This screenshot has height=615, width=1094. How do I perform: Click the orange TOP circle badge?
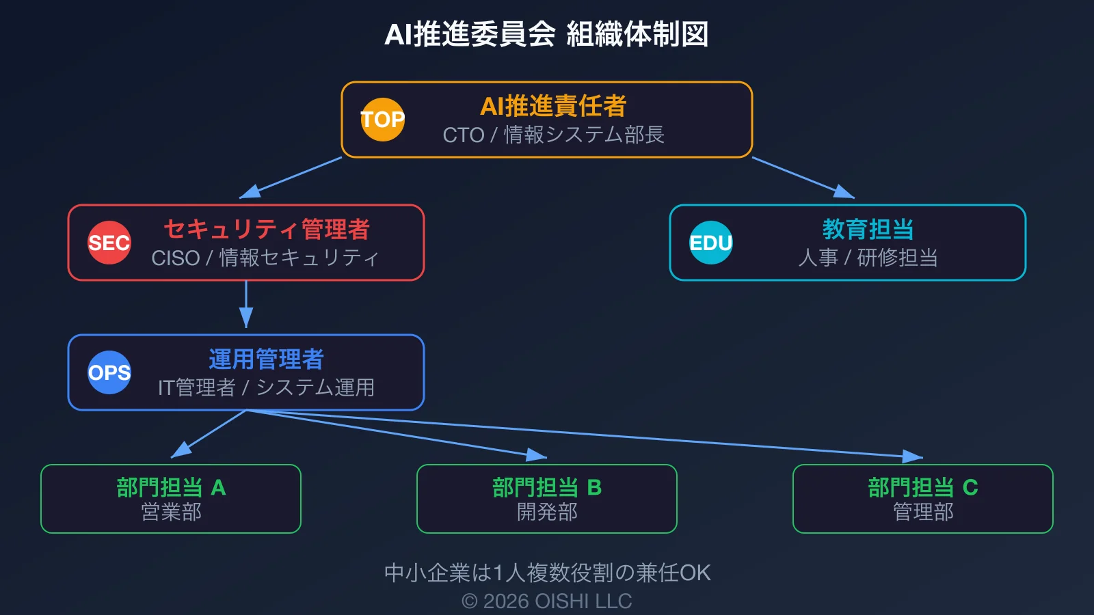click(x=383, y=120)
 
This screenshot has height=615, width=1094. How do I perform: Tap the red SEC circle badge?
click(x=109, y=243)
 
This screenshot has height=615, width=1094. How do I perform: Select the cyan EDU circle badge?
click(x=711, y=243)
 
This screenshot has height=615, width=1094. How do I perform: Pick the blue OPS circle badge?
click(x=109, y=372)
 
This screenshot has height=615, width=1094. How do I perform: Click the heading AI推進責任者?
click(x=553, y=106)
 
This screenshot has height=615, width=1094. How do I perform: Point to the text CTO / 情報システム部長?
click(x=553, y=135)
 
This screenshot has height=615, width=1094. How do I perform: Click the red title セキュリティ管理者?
click(x=267, y=229)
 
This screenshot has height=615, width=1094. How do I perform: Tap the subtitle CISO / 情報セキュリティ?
click(x=265, y=258)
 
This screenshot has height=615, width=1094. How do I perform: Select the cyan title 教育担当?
click(x=868, y=229)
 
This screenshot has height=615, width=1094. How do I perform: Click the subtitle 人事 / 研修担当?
click(x=868, y=258)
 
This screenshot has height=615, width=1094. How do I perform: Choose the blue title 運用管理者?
click(x=267, y=359)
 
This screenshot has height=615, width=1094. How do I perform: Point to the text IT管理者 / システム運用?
click(x=266, y=387)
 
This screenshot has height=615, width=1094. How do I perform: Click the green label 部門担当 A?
click(x=171, y=487)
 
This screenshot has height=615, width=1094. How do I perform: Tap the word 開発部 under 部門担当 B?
click(x=547, y=512)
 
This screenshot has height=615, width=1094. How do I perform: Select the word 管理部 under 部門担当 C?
click(x=923, y=512)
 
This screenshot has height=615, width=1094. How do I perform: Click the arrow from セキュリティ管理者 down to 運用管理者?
click(x=246, y=304)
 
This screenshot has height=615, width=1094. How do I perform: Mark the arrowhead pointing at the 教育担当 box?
click(x=845, y=192)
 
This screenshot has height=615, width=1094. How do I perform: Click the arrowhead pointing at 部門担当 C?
click(x=913, y=456)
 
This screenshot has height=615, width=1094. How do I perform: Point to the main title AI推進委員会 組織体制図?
click(x=546, y=34)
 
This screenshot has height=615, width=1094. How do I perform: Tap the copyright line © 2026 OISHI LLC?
click(x=546, y=601)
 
